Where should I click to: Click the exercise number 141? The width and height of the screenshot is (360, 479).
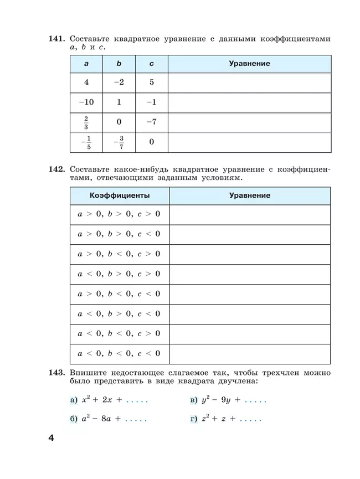click(58, 39)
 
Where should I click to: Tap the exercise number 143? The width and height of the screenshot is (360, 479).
click(58, 372)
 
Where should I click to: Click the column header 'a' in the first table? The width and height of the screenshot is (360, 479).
click(86, 64)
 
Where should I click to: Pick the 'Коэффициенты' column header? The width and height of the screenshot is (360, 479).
click(120, 195)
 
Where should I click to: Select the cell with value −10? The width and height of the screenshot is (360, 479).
click(86, 102)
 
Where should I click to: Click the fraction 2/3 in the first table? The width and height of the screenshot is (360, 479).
click(86, 122)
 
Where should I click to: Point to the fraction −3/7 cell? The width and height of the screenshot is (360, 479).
click(119, 142)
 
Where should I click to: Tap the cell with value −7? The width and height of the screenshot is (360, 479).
click(151, 122)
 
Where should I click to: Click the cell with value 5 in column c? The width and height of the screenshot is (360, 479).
click(151, 83)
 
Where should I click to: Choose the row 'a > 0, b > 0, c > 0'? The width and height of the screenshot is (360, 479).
click(119, 214)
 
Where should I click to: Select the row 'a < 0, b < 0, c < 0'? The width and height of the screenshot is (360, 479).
click(119, 353)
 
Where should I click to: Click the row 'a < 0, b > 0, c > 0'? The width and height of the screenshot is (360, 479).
click(119, 274)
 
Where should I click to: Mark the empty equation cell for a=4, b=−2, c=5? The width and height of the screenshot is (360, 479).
click(249, 83)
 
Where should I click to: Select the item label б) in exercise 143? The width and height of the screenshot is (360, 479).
click(74, 419)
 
